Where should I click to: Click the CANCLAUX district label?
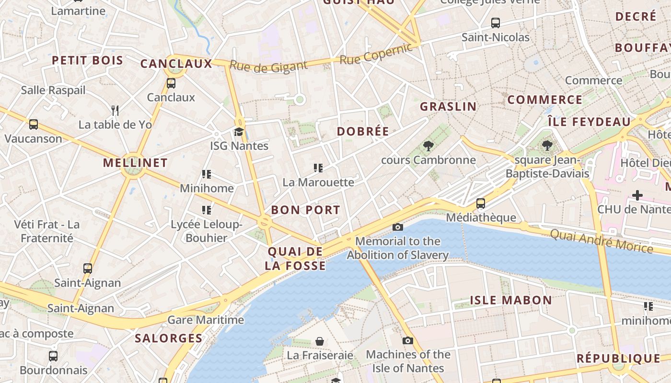(x=176, y=64)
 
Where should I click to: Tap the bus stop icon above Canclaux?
(x=171, y=83)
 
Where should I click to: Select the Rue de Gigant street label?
(x=268, y=66)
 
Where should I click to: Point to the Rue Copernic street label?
(x=376, y=54)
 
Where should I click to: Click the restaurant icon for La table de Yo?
(x=115, y=111)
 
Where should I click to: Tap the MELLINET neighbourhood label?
(x=135, y=163)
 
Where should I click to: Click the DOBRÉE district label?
(x=363, y=132)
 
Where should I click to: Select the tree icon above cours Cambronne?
(x=428, y=146)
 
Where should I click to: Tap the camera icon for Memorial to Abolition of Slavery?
(x=397, y=227)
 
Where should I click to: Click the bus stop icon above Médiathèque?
(x=481, y=203)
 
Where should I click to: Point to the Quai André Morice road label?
(x=601, y=241)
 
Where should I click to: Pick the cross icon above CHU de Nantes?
(x=637, y=195)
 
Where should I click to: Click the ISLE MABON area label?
(x=510, y=301)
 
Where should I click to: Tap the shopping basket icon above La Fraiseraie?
(x=320, y=341)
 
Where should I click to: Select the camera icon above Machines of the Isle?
(x=408, y=340)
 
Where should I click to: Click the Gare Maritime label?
(x=206, y=320)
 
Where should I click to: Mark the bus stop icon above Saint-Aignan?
(x=87, y=269)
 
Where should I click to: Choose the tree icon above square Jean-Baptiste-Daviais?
(x=547, y=146)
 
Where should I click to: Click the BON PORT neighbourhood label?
(x=305, y=210)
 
